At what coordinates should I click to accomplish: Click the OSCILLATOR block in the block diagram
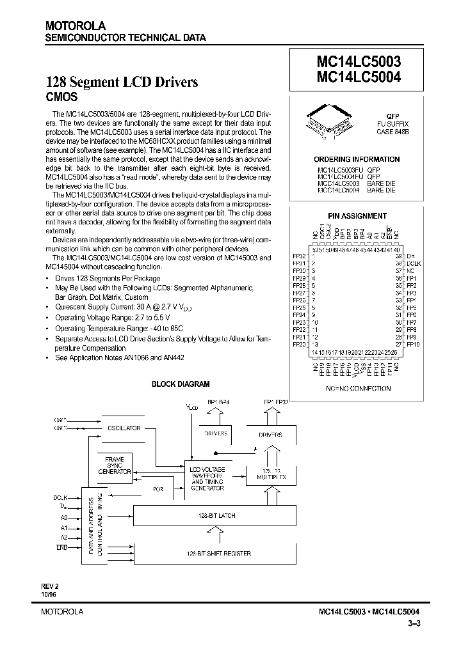[x=124, y=428]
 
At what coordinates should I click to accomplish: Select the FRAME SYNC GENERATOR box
[x=114, y=466]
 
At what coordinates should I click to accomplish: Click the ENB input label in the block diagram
[x=61, y=548]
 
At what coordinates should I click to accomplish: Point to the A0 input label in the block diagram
[x=63, y=518]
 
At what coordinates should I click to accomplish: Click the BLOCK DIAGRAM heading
[x=180, y=384]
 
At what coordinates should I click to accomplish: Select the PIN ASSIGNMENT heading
[x=357, y=216]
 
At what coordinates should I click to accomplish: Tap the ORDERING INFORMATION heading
[x=357, y=159]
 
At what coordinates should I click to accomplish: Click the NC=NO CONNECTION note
[x=358, y=388]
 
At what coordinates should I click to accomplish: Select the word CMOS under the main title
[x=61, y=97]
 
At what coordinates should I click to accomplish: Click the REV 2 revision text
[x=51, y=586]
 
